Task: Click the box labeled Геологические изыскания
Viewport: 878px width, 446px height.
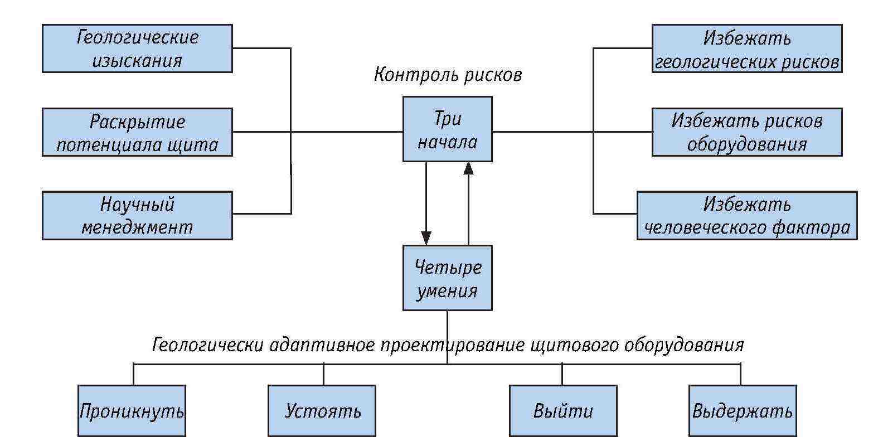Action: (x=137, y=49)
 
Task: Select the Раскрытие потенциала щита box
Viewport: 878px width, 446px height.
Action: (x=137, y=132)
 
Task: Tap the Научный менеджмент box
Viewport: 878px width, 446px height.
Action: (x=137, y=215)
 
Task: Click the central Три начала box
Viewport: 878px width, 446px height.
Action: (x=447, y=129)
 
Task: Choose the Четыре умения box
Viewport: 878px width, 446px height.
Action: (x=447, y=278)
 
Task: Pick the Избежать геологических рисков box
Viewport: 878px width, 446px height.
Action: (x=746, y=49)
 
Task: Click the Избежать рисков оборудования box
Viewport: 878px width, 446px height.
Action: (x=746, y=132)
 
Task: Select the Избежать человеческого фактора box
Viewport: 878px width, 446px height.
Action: (x=746, y=215)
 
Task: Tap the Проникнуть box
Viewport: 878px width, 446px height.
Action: (x=132, y=411)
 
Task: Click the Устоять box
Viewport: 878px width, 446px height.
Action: (x=322, y=411)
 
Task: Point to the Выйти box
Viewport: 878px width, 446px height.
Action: (x=563, y=411)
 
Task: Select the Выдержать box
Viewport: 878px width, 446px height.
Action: (x=742, y=411)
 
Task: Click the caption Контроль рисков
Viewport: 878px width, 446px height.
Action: (x=448, y=74)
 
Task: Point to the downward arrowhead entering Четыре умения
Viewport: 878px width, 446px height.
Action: (x=426, y=238)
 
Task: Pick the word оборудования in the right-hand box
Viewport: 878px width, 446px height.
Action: (x=746, y=144)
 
